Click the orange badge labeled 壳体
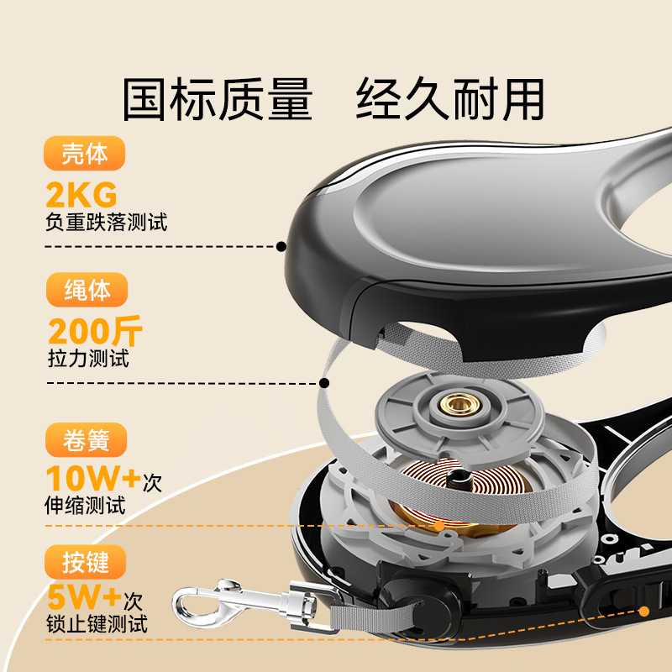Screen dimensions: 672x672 (x=85, y=153)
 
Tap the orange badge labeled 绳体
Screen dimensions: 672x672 (x=87, y=290)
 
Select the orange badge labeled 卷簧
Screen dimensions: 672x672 (x=87, y=439)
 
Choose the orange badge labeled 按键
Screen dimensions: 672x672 (x=86, y=562)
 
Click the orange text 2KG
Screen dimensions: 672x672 (x=81, y=195)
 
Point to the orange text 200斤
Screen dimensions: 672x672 (x=95, y=331)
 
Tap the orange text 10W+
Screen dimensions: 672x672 (x=93, y=478)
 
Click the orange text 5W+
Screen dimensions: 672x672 (x=85, y=597)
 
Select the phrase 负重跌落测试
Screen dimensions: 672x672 (x=107, y=222)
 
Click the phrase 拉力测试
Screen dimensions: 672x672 (x=88, y=359)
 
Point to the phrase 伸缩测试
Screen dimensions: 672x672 (x=86, y=506)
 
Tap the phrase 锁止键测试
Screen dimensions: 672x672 (x=97, y=623)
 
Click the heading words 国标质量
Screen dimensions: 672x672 (x=218, y=99)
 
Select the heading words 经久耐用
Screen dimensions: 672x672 (x=450, y=98)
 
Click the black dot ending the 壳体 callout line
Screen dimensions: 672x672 (x=281, y=246)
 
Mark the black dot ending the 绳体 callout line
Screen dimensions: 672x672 (x=324, y=383)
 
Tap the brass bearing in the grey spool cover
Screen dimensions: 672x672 (x=459, y=404)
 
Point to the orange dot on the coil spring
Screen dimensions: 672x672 (x=439, y=526)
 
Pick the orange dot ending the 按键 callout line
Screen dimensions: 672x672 (x=643, y=612)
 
